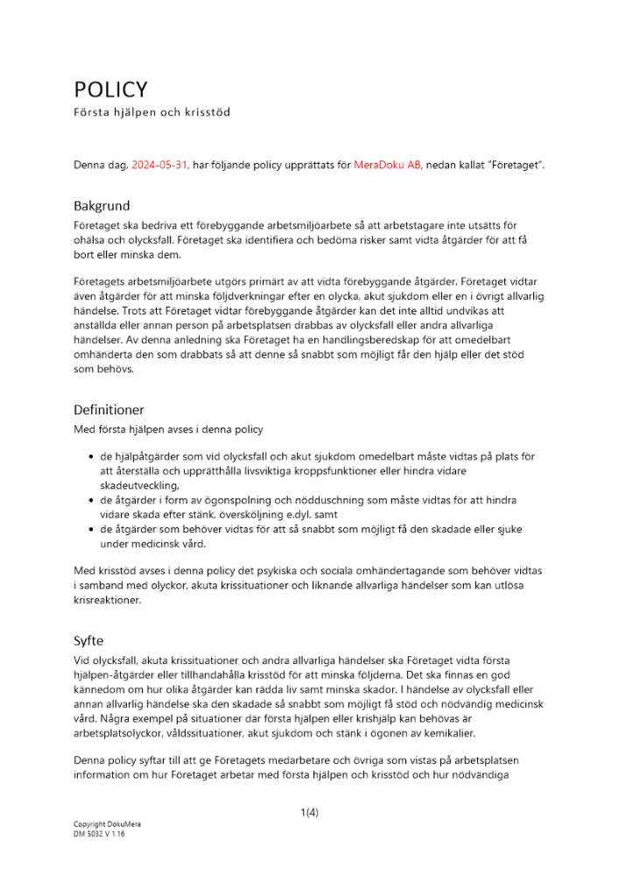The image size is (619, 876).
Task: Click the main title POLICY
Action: (x=110, y=90)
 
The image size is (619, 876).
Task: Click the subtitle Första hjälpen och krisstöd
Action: (x=151, y=112)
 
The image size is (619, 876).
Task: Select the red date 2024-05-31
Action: (x=159, y=165)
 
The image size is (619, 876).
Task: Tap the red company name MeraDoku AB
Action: (x=387, y=165)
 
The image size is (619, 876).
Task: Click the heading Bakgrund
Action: (x=102, y=207)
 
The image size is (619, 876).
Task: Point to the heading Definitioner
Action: (x=109, y=409)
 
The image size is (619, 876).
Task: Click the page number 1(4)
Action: (x=309, y=812)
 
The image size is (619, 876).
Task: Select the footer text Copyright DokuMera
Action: (x=107, y=824)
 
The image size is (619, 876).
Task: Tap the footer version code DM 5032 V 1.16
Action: (x=100, y=835)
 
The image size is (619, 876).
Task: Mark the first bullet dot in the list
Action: (x=92, y=457)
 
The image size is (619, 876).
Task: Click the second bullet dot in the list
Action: (x=92, y=499)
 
